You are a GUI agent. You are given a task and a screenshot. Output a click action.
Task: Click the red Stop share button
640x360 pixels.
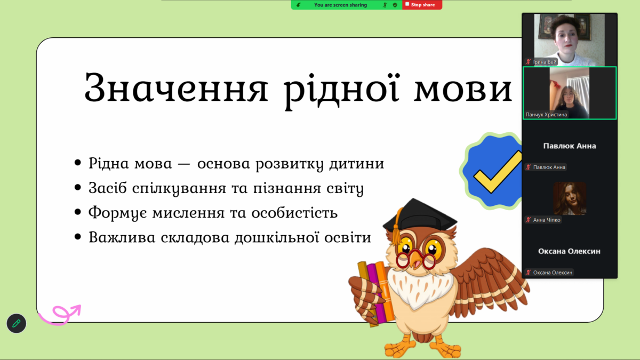(422, 5)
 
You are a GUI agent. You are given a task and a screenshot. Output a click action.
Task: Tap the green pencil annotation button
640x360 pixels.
(17, 323)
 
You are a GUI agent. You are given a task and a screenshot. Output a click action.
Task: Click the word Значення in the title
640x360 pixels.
(177, 87)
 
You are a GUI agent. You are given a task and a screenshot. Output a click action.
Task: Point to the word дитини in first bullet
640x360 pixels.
(357, 163)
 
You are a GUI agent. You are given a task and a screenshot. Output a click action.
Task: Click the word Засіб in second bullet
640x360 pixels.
(107, 188)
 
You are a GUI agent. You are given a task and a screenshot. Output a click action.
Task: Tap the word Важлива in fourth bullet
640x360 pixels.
(122, 237)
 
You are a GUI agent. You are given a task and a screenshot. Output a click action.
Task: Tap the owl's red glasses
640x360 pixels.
(416, 259)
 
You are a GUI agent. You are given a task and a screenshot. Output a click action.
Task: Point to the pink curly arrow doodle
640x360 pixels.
(60, 315)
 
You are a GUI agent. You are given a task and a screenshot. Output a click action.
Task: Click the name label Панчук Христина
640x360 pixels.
(546, 115)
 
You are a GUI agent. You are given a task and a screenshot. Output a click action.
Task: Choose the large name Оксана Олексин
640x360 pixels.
(569, 251)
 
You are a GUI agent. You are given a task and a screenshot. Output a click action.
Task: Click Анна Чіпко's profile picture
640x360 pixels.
(570, 198)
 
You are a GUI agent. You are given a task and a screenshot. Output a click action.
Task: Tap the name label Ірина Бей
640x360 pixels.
(545, 62)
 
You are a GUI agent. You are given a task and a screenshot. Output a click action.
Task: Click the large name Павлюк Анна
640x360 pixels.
(570, 146)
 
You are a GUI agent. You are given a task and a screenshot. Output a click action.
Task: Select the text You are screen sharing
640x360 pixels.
(340, 5)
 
